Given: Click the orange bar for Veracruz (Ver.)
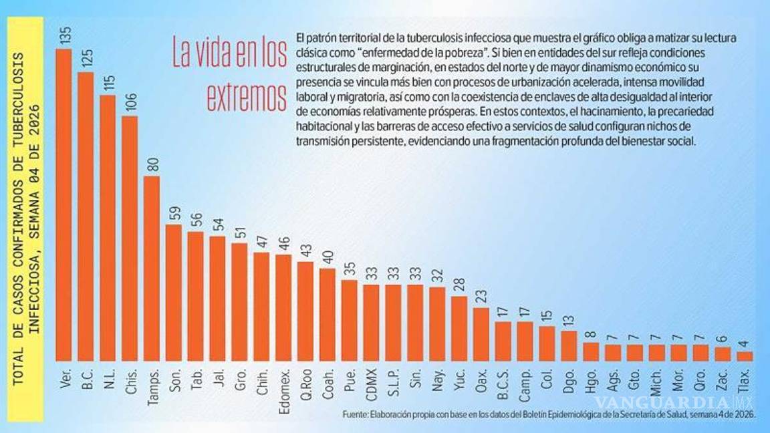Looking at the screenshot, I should tap(63, 204).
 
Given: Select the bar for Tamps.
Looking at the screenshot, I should tap(152, 268).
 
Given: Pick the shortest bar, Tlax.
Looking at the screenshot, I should tap(745, 355).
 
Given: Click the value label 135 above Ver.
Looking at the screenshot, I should tap(64, 36).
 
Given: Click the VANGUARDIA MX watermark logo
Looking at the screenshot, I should tap(672, 403).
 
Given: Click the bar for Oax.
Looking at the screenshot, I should tap(481, 333).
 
